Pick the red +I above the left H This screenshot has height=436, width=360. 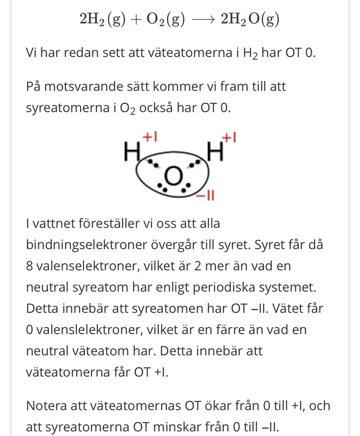(149, 136)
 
